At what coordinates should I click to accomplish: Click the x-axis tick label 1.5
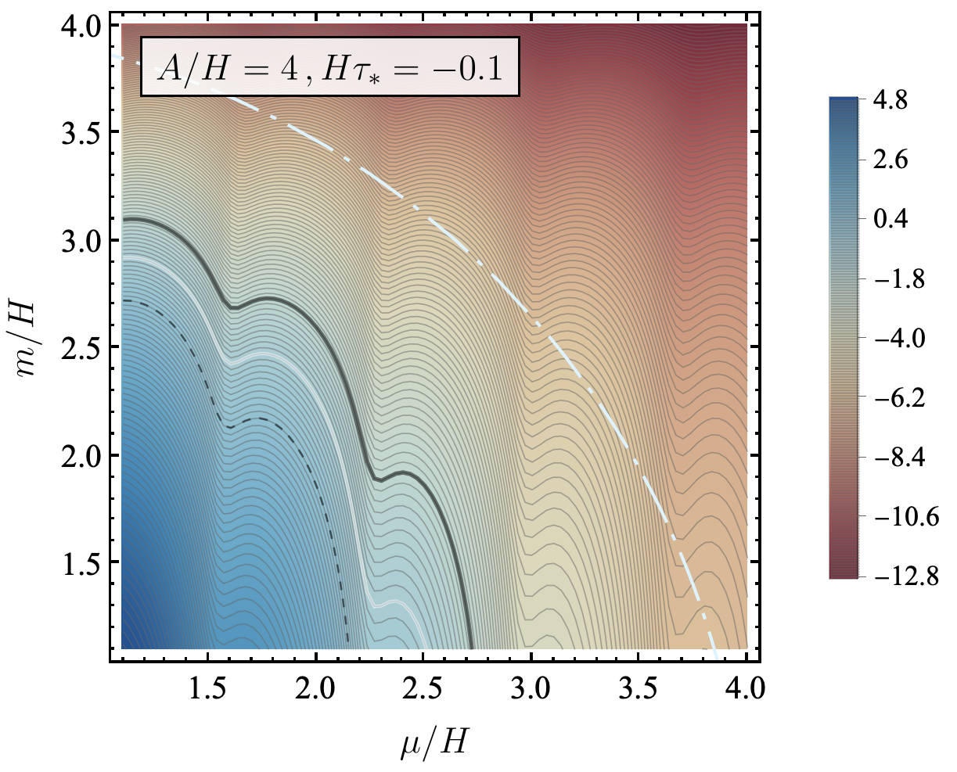(x=207, y=691)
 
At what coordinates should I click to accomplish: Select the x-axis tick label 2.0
(x=315, y=691)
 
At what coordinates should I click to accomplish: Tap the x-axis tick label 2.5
(x=423, y=691)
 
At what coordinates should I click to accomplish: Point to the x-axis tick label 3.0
(x=531, y=691)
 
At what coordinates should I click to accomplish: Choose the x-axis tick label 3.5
(x=638, y=691)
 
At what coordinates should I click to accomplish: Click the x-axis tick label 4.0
(x=745, y=691)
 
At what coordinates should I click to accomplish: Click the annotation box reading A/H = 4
(x=329, y=66)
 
